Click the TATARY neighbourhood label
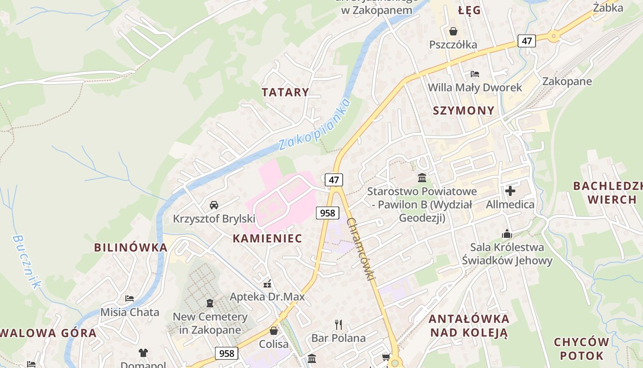[285, 92]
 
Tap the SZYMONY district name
[464, 110]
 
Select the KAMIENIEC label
[267, 238]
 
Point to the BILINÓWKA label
[131, 247]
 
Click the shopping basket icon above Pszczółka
[453, 31]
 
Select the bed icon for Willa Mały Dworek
[475, 74]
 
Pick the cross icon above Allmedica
[510, 190]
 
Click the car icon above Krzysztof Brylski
[214, 205]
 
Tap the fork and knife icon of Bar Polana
[338, 325]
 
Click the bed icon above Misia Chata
[130, 299]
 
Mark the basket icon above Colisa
[274, 331]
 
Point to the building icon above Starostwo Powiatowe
[422, 178]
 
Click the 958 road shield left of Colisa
[226, 353]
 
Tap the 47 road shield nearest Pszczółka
[526, 41]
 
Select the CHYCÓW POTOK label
[581, 349]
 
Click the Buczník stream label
[26, 261]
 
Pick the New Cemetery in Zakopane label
[210, 323]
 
